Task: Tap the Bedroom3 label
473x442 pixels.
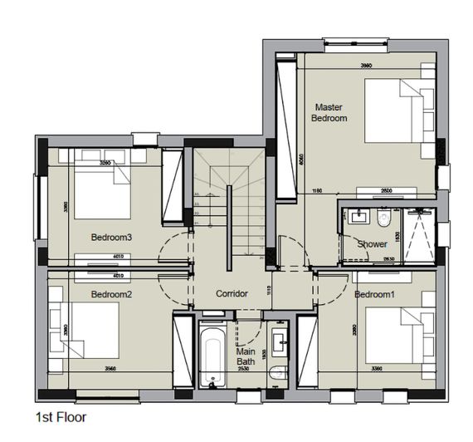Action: click(112, 237)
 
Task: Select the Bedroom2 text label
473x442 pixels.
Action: click(111, 294)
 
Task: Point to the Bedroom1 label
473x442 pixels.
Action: click(374, 295)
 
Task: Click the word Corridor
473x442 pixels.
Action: click(232, 294)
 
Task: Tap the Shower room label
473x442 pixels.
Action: click(372, 244)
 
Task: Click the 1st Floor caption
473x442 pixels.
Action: click(61, 417)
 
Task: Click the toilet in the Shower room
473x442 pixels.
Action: click(383, 219)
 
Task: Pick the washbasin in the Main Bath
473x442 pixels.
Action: click(279, 341)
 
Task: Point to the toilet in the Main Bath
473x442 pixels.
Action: click(278, 375)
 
